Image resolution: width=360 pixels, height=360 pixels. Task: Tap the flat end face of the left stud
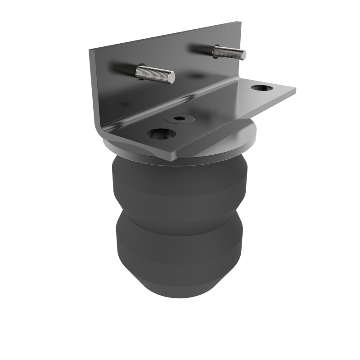tap(171, 78)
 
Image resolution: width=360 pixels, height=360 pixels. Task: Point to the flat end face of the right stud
tap(243, 55)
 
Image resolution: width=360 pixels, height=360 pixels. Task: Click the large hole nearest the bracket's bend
tap(162, 134)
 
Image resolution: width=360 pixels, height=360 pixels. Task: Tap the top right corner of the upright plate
tap(241, 22)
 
